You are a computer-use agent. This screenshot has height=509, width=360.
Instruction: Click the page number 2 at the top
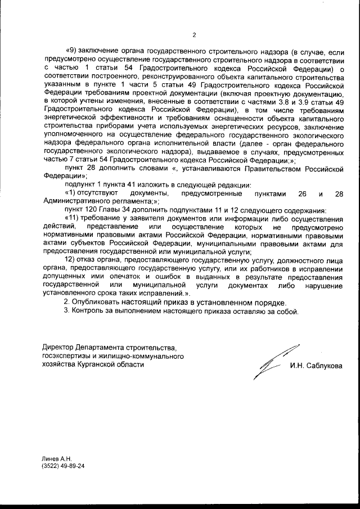193,36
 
